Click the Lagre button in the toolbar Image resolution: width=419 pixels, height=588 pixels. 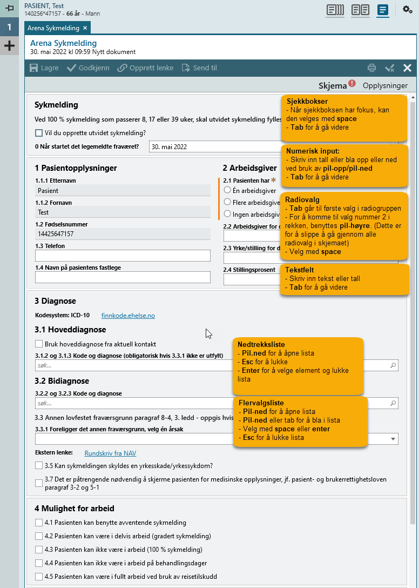click(44, 68)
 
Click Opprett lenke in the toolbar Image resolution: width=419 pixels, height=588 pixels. click(145, 68)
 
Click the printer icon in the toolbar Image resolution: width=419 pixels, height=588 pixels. click(371, 68)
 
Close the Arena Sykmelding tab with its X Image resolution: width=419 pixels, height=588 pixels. click(85, 28)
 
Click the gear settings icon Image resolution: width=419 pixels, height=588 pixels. click(408, 9)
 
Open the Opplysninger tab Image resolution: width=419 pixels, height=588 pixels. click(385, 85)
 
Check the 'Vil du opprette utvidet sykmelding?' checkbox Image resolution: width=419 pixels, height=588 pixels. click(39, 133)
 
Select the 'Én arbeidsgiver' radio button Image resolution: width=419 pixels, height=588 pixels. click(227, 190)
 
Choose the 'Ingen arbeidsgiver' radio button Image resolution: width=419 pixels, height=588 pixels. click(227, 214)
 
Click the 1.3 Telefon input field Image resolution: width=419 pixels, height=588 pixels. click(123, 256)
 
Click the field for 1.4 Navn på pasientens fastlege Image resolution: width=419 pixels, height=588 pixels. click(123, 277)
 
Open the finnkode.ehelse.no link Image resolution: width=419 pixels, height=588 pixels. click(128, 316)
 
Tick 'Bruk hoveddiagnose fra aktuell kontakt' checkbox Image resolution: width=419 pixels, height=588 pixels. click(39, 344)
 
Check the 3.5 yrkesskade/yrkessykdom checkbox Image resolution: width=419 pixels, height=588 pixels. click(39, 465)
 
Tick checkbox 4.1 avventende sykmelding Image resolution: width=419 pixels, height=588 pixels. click(39, 523)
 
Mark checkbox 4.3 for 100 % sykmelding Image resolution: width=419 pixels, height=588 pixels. click(39, 550)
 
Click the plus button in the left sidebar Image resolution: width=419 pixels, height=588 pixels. click(9, 46)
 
